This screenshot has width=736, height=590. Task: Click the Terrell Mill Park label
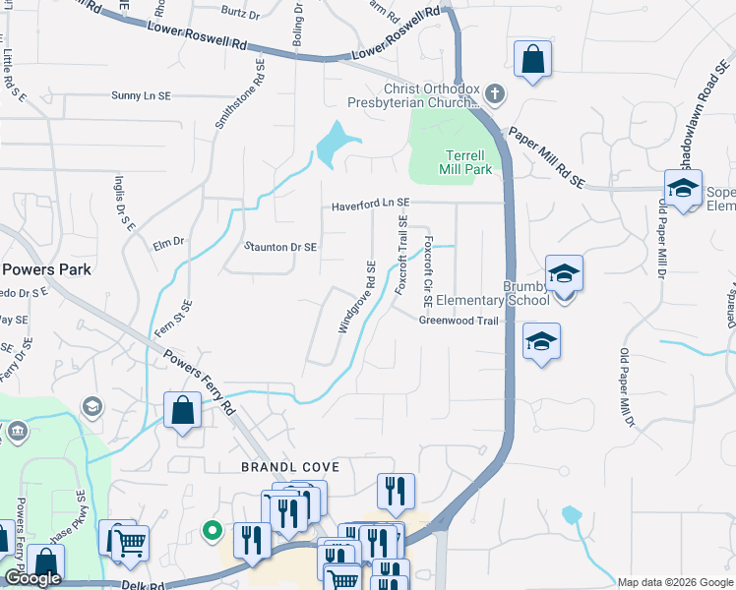pos(464,162)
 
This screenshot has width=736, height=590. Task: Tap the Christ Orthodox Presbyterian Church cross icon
pos(495,95)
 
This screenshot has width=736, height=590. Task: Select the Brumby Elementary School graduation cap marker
pos(565,272)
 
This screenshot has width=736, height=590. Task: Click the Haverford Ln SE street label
pos(370,204)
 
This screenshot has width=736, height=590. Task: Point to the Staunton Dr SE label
pos(280,248)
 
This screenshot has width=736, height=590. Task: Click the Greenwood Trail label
pos(460,321)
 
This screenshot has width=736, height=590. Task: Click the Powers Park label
pos(46,269)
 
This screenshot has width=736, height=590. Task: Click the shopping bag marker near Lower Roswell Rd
pos(532,58)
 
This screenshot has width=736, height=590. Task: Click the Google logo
pos(32,578)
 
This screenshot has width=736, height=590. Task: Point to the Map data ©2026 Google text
pos(675,582)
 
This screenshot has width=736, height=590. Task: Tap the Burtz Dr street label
pos(240,13)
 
